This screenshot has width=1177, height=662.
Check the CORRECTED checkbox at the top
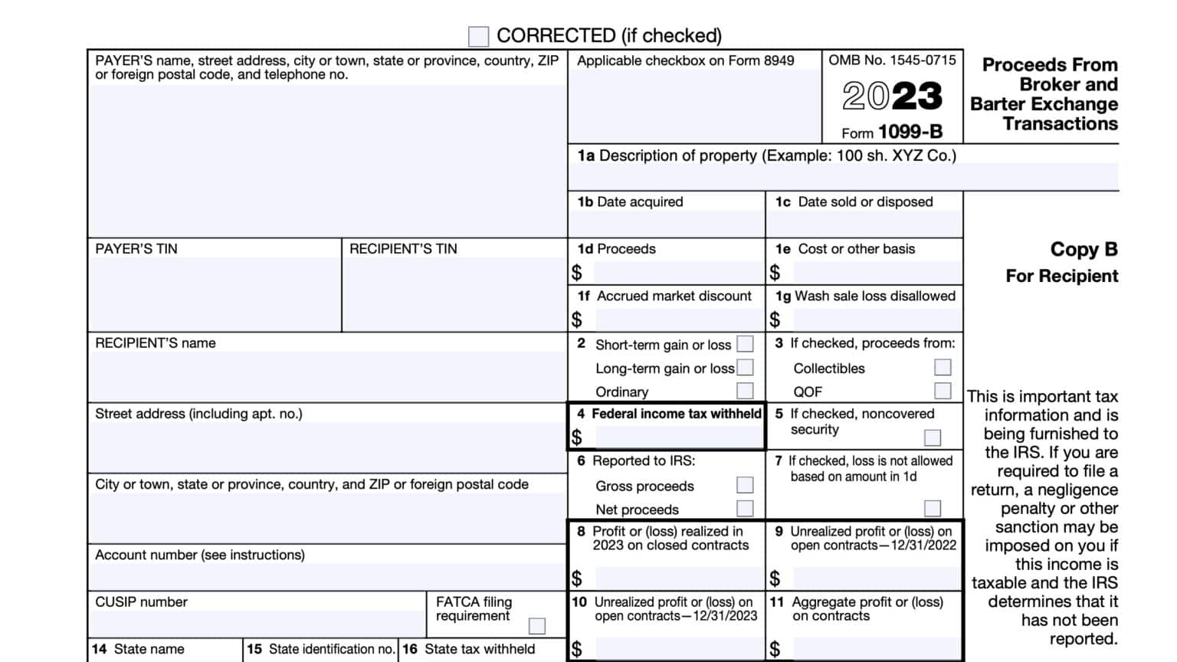click(478, 36)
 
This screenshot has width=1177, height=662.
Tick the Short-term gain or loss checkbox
click(745, 344)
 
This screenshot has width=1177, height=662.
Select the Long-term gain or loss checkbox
click(745, 368)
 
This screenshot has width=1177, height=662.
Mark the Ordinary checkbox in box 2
click(745, 391)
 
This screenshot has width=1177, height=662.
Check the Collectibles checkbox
click(943, 368)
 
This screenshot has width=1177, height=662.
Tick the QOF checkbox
click(943, 391)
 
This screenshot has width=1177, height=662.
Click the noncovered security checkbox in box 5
click(933, 438)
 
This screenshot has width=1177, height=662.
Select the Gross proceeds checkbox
click(745, 485)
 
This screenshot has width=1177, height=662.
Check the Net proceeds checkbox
click(745, 509)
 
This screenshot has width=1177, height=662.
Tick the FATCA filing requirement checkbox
click(537, 626)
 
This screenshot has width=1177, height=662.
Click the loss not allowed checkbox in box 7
click(933, 509)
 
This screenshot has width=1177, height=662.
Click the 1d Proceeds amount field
click(677, 273)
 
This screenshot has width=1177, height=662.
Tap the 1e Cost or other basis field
click(877, 273)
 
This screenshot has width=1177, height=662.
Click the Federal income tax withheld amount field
click(677, 438)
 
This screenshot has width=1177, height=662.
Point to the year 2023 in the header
click(892, 97)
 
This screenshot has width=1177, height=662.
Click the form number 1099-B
click(910, 132)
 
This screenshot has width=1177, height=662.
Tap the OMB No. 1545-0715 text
click(892, 61)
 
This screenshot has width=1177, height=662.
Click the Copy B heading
click(1084, 250)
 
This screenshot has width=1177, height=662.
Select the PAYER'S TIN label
click(136, 249)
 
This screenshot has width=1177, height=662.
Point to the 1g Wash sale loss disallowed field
click(877, 320)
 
